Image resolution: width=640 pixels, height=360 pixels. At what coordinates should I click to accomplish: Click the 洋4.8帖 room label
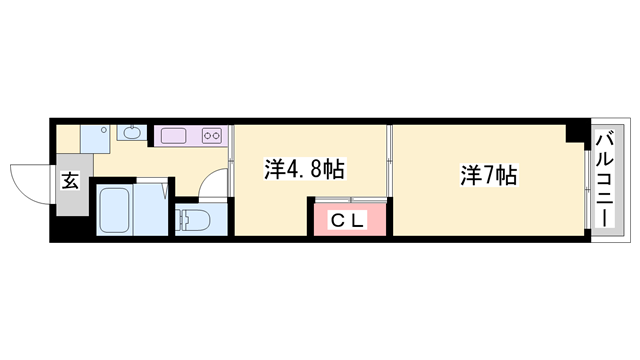[304, 169]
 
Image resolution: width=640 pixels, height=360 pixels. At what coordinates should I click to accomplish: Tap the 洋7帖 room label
[488, 176]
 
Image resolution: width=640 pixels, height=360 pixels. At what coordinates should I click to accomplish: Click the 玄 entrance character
[71, 182]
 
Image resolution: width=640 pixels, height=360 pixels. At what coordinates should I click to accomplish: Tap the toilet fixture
[192, 219]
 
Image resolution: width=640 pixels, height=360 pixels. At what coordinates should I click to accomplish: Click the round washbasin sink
[132, 133]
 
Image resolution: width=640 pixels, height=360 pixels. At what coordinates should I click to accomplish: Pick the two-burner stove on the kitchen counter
[212, 135]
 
